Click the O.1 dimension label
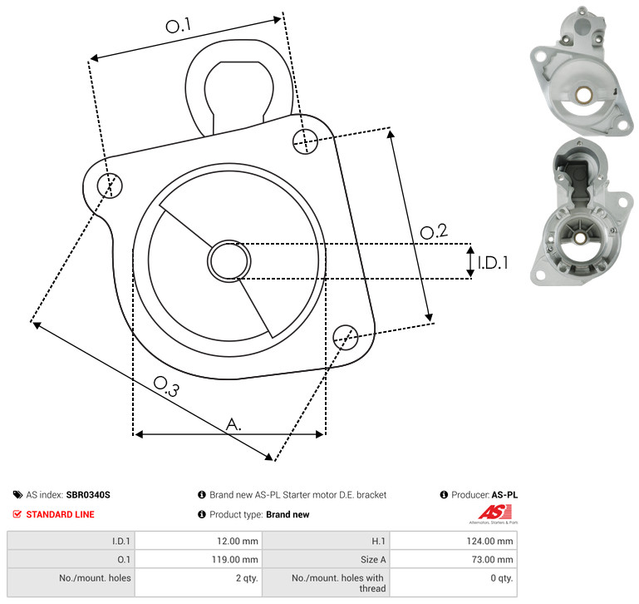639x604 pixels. [178, 25]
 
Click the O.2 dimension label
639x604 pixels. [434, 231]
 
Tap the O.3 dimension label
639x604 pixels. [166, 386]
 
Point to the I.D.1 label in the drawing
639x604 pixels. [493, 263]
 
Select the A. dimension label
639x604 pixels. [233, 424]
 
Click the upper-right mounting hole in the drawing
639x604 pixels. [305, 141]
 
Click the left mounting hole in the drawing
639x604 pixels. [110, 186]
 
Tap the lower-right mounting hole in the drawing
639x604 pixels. [346, 337]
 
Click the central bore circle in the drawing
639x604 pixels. [229, 261]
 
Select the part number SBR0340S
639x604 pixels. [88, 495]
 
